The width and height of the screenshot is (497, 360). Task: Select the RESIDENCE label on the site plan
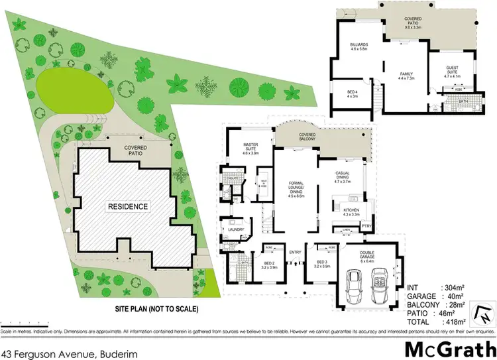tap(129, 206)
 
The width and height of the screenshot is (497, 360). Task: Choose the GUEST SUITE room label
tap(455, 74)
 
